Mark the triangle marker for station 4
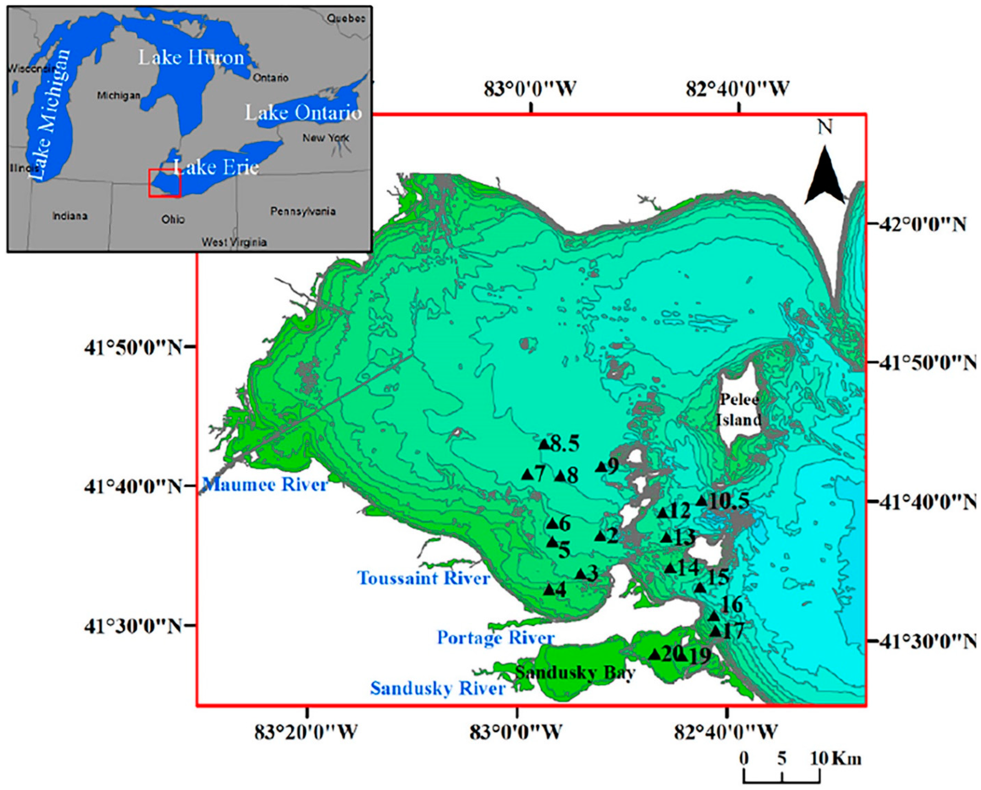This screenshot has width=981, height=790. (550, 590)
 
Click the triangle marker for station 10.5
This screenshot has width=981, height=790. (702, 501)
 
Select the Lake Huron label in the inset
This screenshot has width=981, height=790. (191, 58)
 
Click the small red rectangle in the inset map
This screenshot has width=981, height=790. (165, 183)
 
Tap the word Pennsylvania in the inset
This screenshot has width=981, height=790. (303, 211)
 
